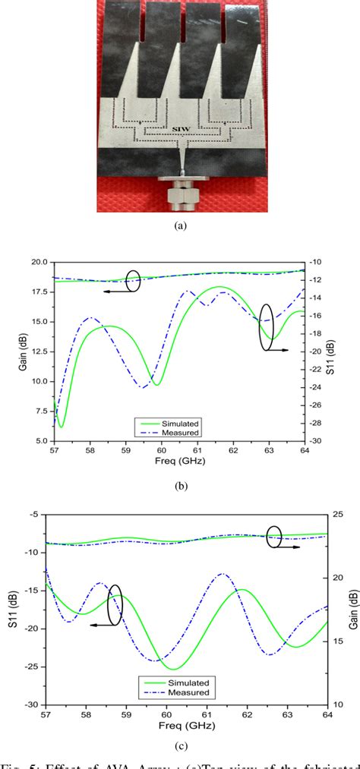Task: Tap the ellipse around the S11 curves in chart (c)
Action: (115, 604)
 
